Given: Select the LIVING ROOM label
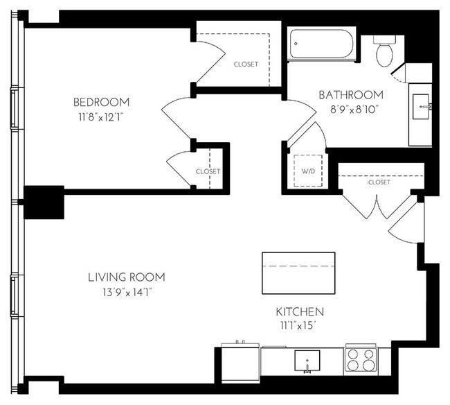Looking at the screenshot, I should click(126, 278).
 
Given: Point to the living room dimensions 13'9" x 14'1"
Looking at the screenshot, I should click(126, 292).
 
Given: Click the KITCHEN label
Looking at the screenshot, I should click(299, 312).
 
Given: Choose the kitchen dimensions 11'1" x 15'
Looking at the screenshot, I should click(299, 325).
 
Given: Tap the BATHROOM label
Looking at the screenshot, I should click(351, 95).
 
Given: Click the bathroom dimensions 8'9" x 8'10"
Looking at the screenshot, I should click(351, 108).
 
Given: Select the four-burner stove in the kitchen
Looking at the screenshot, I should click(361, 361).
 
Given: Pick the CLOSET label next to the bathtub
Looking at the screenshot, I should click(246, 64).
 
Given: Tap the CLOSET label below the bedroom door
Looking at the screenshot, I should click(208, 171).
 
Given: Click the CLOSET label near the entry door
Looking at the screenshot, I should click(379, 182).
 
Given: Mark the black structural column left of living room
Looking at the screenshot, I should click(44, 203).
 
